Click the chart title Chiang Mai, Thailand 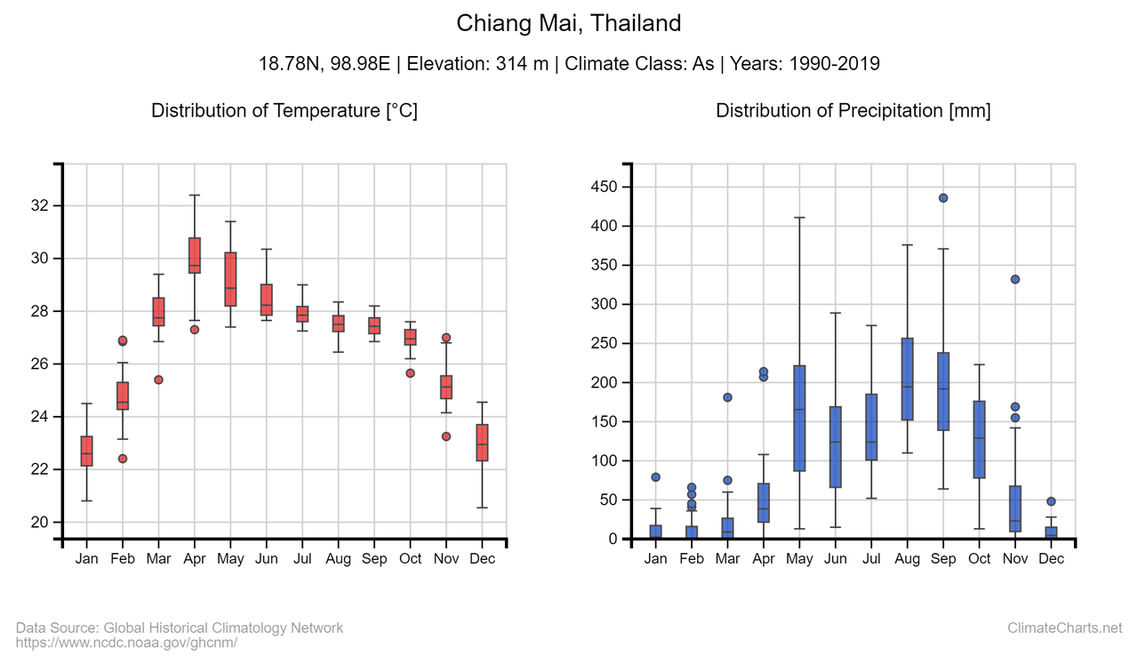[x=568, y=24]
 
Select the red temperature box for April [x=194, y=255]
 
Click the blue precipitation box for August [x=907, y=379]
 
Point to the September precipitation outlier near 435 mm [x=943, y=198]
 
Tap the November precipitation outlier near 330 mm [x=1015, y=279]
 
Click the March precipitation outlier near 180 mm [x=727, y=397]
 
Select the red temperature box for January [x=86, y=451]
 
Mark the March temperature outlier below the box [x=158, y=380]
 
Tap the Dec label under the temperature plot [x=482, y=559]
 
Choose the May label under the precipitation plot [x=799, y=559]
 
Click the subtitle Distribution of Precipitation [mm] [x=853, y=111]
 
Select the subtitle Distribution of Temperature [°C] [x=284, y=111]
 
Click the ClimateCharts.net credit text [x=1064, y=628]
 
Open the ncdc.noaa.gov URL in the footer [x=126, y=642]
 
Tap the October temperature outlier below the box [x=410, y=373]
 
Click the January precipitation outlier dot [x=655, y=477]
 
